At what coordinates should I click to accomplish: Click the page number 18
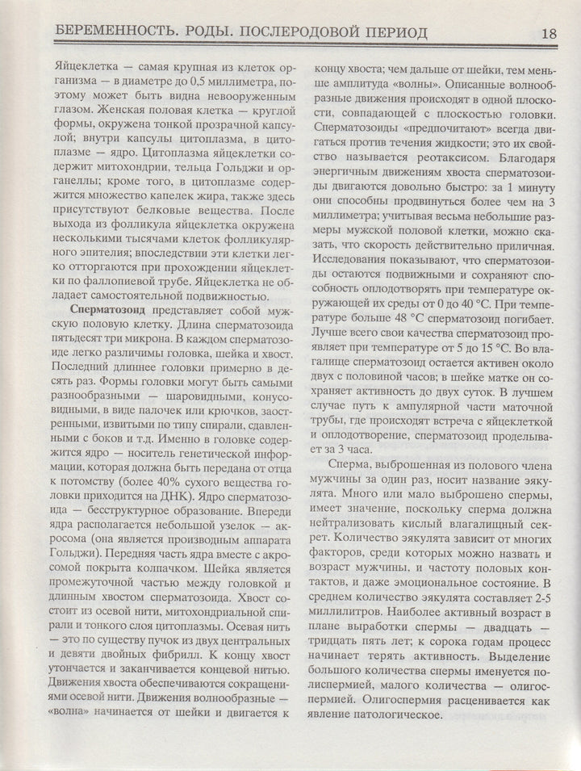click(549, 35)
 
